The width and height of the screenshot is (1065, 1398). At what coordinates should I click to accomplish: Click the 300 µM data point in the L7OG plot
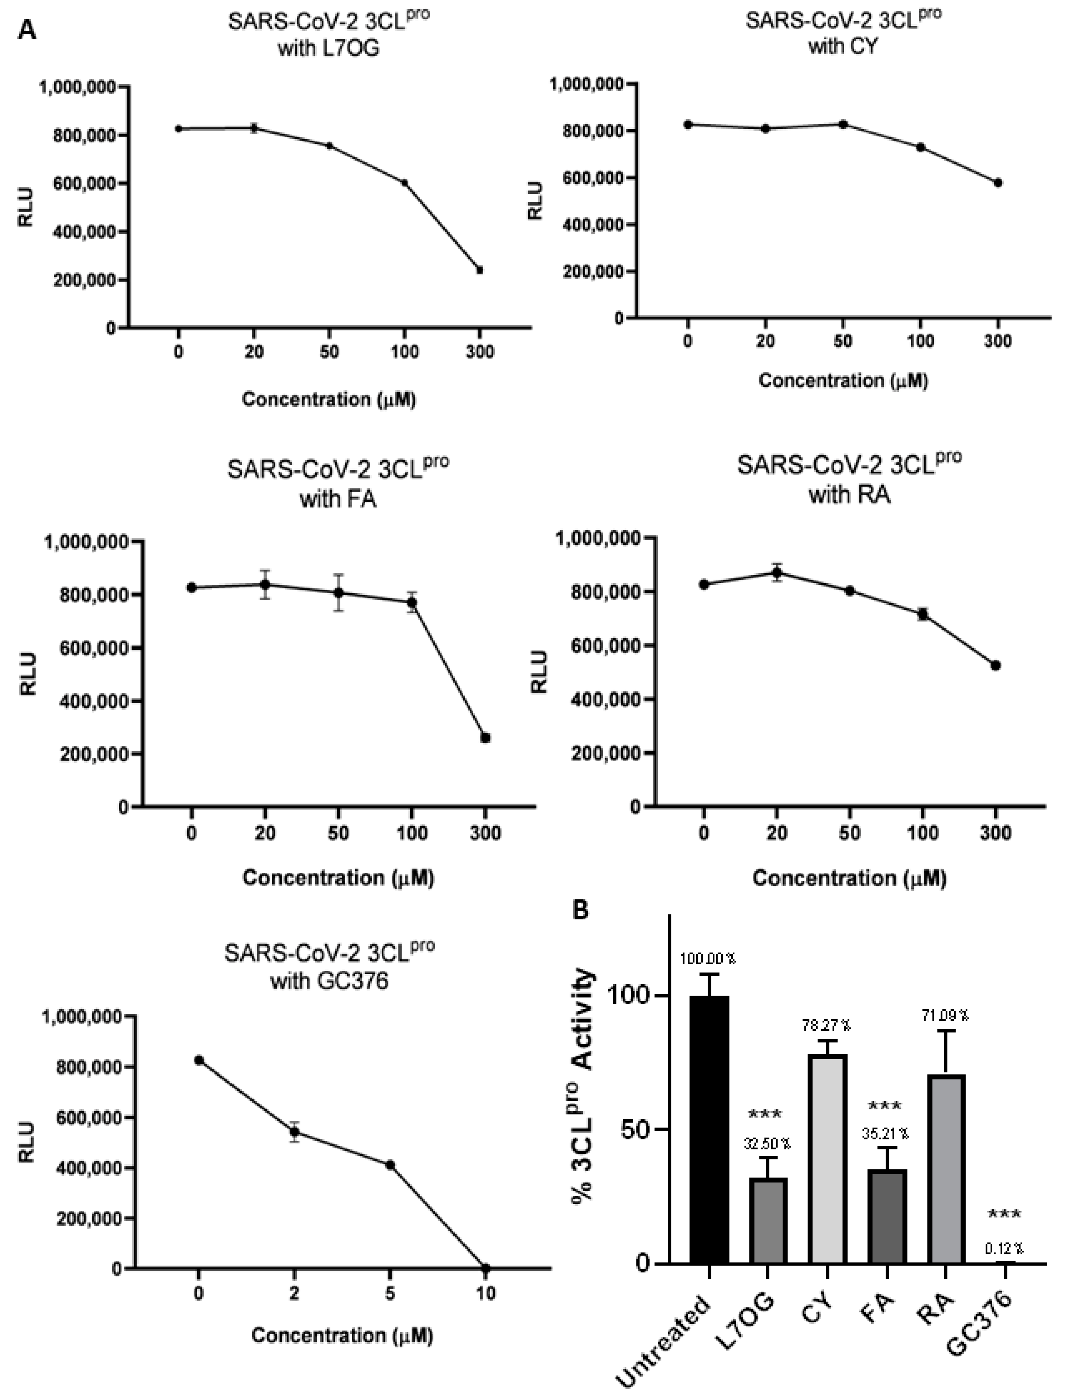pos(480,270)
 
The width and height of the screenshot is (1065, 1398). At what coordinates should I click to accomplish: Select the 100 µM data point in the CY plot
pos(920,147)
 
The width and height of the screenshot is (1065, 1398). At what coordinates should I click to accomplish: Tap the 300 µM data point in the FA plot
pos(485,737)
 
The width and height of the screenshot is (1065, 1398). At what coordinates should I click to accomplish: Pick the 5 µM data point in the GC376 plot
pos(390,1165)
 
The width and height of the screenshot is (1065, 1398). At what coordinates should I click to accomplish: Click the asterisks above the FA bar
pos(885,1106)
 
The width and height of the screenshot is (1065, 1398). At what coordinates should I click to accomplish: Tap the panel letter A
pos(27,30)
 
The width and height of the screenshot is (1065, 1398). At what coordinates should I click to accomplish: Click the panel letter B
pos(580,910)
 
